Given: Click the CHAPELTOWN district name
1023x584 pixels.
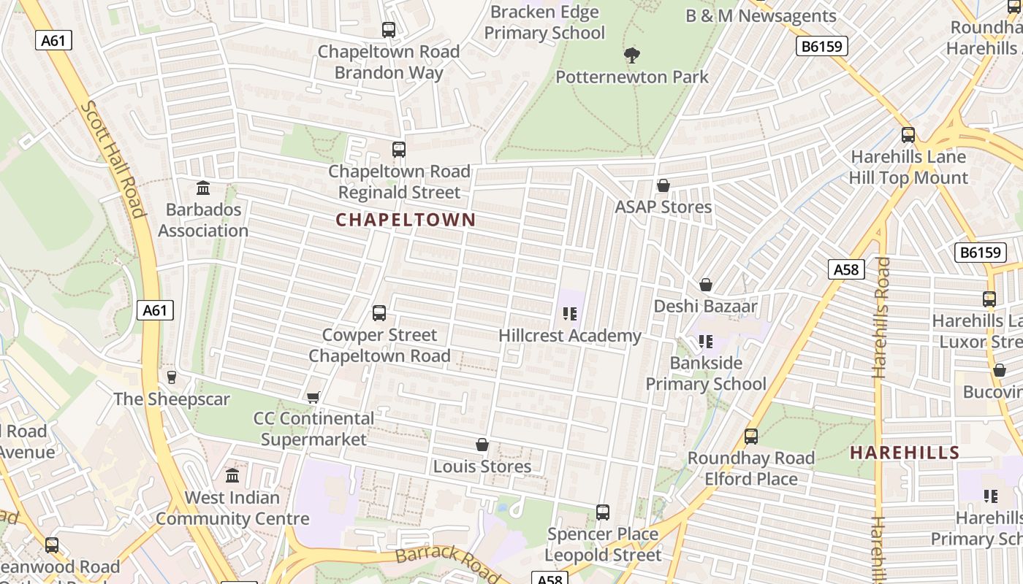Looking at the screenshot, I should (406, 220).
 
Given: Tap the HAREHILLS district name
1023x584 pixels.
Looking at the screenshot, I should (905, 453).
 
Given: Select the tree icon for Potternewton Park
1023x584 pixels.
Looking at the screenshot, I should (632, 55).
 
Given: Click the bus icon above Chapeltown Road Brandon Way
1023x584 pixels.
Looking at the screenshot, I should (389, 30).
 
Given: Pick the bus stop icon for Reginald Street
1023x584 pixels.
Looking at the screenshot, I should (398, 150).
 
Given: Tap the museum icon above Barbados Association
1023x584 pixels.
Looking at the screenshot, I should (203, 188).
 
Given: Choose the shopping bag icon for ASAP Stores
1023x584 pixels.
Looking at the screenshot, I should (663, 185).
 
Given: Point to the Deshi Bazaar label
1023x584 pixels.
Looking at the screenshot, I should (705, 306).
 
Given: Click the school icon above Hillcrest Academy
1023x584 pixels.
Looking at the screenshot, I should (570, 314).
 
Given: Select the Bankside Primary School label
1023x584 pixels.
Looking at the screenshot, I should (706, 373).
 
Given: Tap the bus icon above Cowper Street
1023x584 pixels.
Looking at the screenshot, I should (379, 313).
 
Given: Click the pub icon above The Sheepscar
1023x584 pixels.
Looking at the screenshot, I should (172, 377).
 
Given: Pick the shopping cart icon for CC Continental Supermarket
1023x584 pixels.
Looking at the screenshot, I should (313, 397).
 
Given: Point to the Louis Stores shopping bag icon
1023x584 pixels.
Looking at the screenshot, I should (482, 445).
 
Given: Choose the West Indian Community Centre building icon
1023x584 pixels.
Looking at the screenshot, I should (232, 476).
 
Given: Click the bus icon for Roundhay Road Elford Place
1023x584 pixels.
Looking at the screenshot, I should (750, 437).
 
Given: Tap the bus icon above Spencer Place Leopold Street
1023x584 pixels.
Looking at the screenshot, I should (603, 512).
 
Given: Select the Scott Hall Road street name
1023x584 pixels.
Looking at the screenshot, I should (113, 159).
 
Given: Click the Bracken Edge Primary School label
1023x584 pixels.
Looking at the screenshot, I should (544, 22).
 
